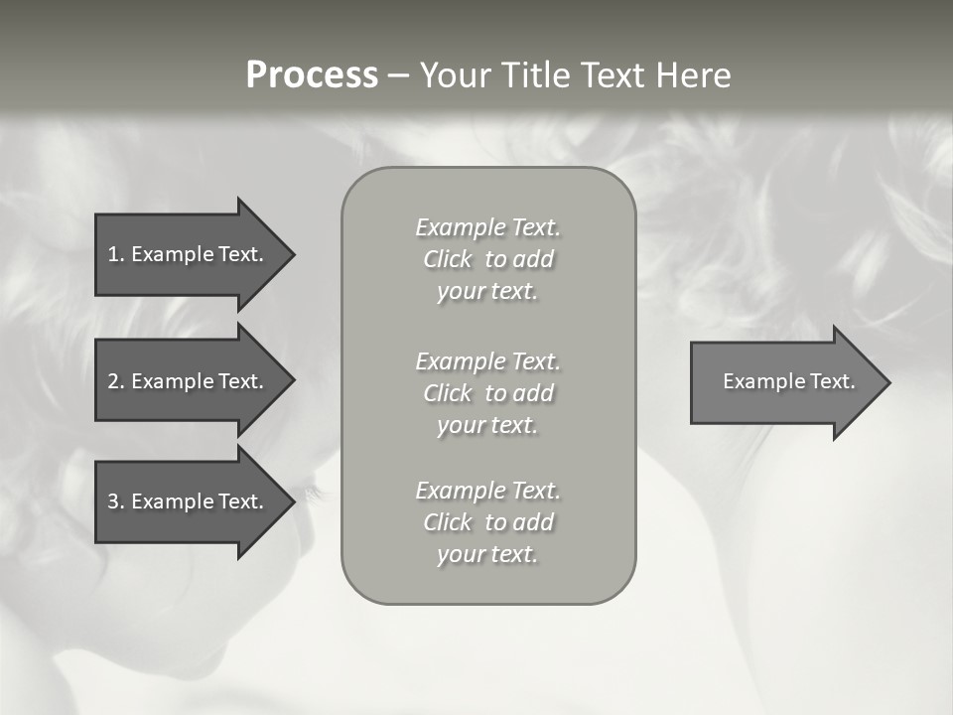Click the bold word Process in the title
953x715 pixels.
tap(312, 75)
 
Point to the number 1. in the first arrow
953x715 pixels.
tap(116, 254)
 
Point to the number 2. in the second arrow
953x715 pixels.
tap(116, 381)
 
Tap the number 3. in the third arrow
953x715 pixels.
tap(116, 501)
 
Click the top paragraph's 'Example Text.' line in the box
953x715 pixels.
tap(487, 227)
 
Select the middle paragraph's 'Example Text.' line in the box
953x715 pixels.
tap(487, 361)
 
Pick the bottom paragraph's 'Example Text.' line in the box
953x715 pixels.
tap(487, 491)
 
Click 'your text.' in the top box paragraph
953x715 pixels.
tap(487, 292)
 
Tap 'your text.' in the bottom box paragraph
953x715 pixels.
tap(487, 555)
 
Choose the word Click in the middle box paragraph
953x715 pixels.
tap(448, 393)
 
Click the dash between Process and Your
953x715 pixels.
tap(398, 76)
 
